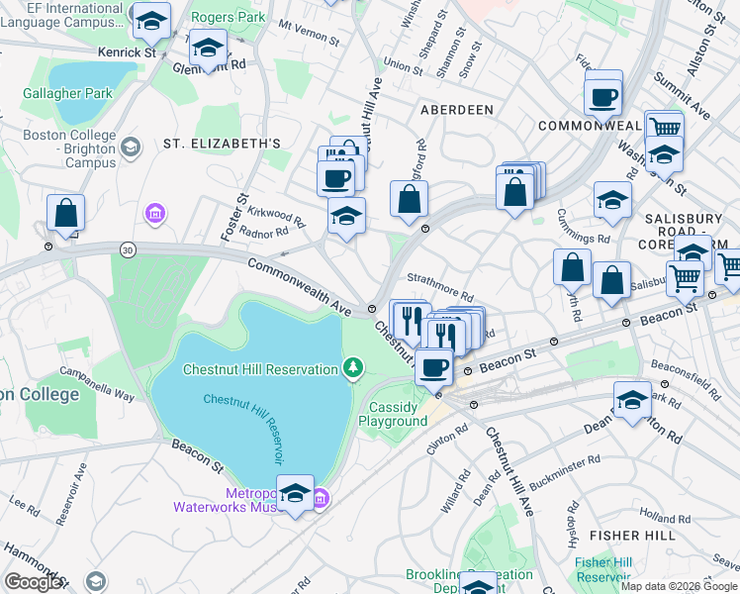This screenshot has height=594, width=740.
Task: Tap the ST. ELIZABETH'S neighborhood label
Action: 223,144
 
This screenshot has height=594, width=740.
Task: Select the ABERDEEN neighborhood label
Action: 456,110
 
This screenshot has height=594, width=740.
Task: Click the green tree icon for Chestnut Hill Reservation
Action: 352,369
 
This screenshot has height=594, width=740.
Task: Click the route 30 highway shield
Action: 128,248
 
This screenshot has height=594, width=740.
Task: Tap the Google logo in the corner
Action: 34,581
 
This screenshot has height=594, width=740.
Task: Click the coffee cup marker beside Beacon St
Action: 433,367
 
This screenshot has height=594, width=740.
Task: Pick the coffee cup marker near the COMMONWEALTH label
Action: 601,97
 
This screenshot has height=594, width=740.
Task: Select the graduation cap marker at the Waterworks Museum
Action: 295,493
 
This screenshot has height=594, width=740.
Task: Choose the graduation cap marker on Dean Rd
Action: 632,399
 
